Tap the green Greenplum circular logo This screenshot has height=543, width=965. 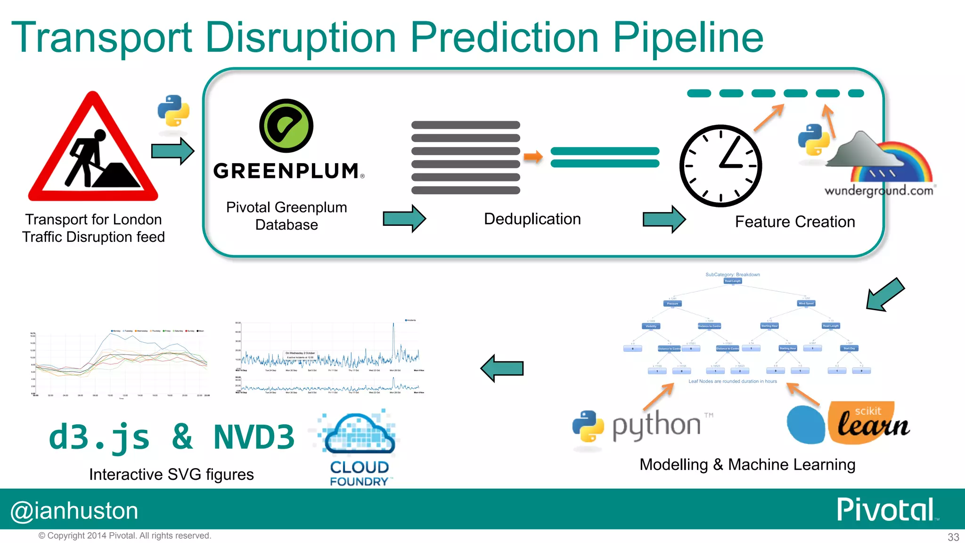(x=286, y=126)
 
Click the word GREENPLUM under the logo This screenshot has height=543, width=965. (x=286, y=171)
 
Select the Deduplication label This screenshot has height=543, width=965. (x=532, y=219)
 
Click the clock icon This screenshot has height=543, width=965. (x=720, y=166)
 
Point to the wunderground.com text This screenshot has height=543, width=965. (x=879, y=190)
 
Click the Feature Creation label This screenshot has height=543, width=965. (x=795, y=222)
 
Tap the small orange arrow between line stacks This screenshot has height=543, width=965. (x=533, y=156)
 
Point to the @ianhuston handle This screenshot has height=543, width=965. (x=74, y=511)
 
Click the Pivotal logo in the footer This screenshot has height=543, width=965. (x=885, y=510)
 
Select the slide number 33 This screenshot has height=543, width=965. (x=953, y=537)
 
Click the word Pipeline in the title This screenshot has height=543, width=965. (x=687, y=38)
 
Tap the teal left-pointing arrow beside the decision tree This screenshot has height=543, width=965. (x=502, y=368)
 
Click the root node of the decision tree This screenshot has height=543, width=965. (x=733, y=281)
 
